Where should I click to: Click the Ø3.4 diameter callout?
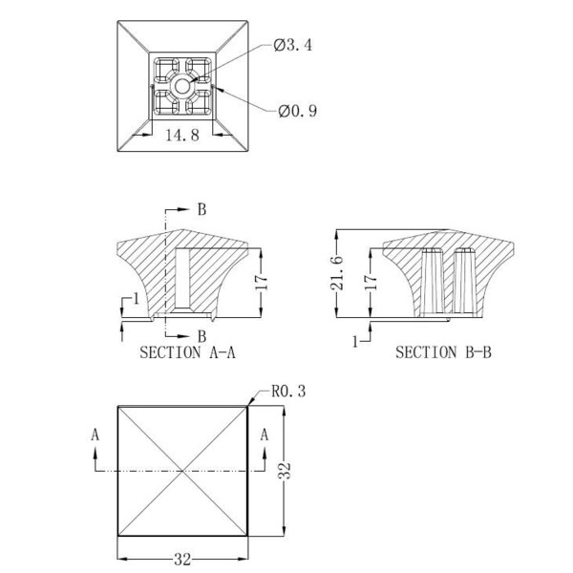point(293,45)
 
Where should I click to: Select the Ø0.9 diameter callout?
point(297,111)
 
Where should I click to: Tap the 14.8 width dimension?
point(182,136)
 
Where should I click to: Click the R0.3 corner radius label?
point(288,391)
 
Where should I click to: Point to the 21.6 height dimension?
point(337,273)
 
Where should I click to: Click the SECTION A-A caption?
point(187,352)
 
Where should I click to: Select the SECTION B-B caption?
point(443,352)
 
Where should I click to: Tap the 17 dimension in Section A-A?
point(262,282)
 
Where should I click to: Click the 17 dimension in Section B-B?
point(371,282)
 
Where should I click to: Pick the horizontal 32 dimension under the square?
point(182,559)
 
